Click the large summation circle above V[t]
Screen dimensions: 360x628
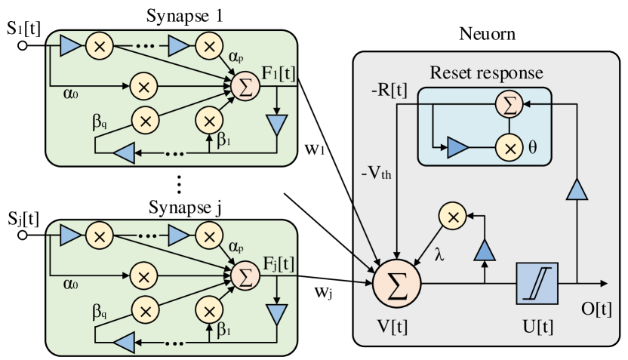click(396, 284)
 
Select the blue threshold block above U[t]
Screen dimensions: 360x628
click(537, 283)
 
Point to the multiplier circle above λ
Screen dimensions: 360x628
click(453, 217)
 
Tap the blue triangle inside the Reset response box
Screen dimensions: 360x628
click(457, 148)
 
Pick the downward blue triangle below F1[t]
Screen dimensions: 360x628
click(279, 124)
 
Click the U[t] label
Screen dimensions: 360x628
click(537, 325)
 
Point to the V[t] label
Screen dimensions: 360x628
click(396, 325)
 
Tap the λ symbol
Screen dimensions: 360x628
click(440, 255)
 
